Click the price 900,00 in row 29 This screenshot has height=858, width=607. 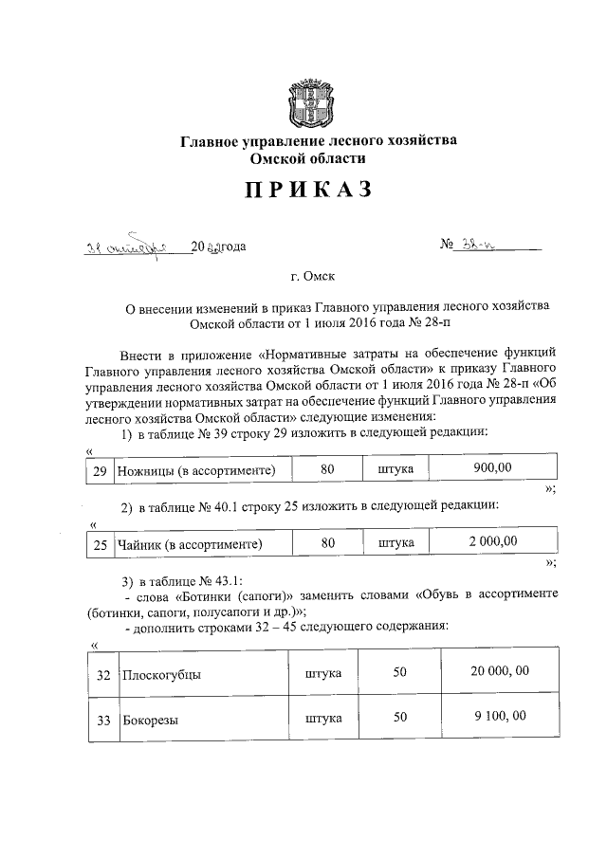(492, 469)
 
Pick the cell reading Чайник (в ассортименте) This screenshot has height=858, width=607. (189, 544)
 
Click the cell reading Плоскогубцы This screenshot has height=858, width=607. (161, 674)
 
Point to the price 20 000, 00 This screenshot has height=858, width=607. (498, 672)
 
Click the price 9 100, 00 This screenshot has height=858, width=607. (498, 718)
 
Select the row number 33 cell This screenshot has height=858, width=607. (104, 720)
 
